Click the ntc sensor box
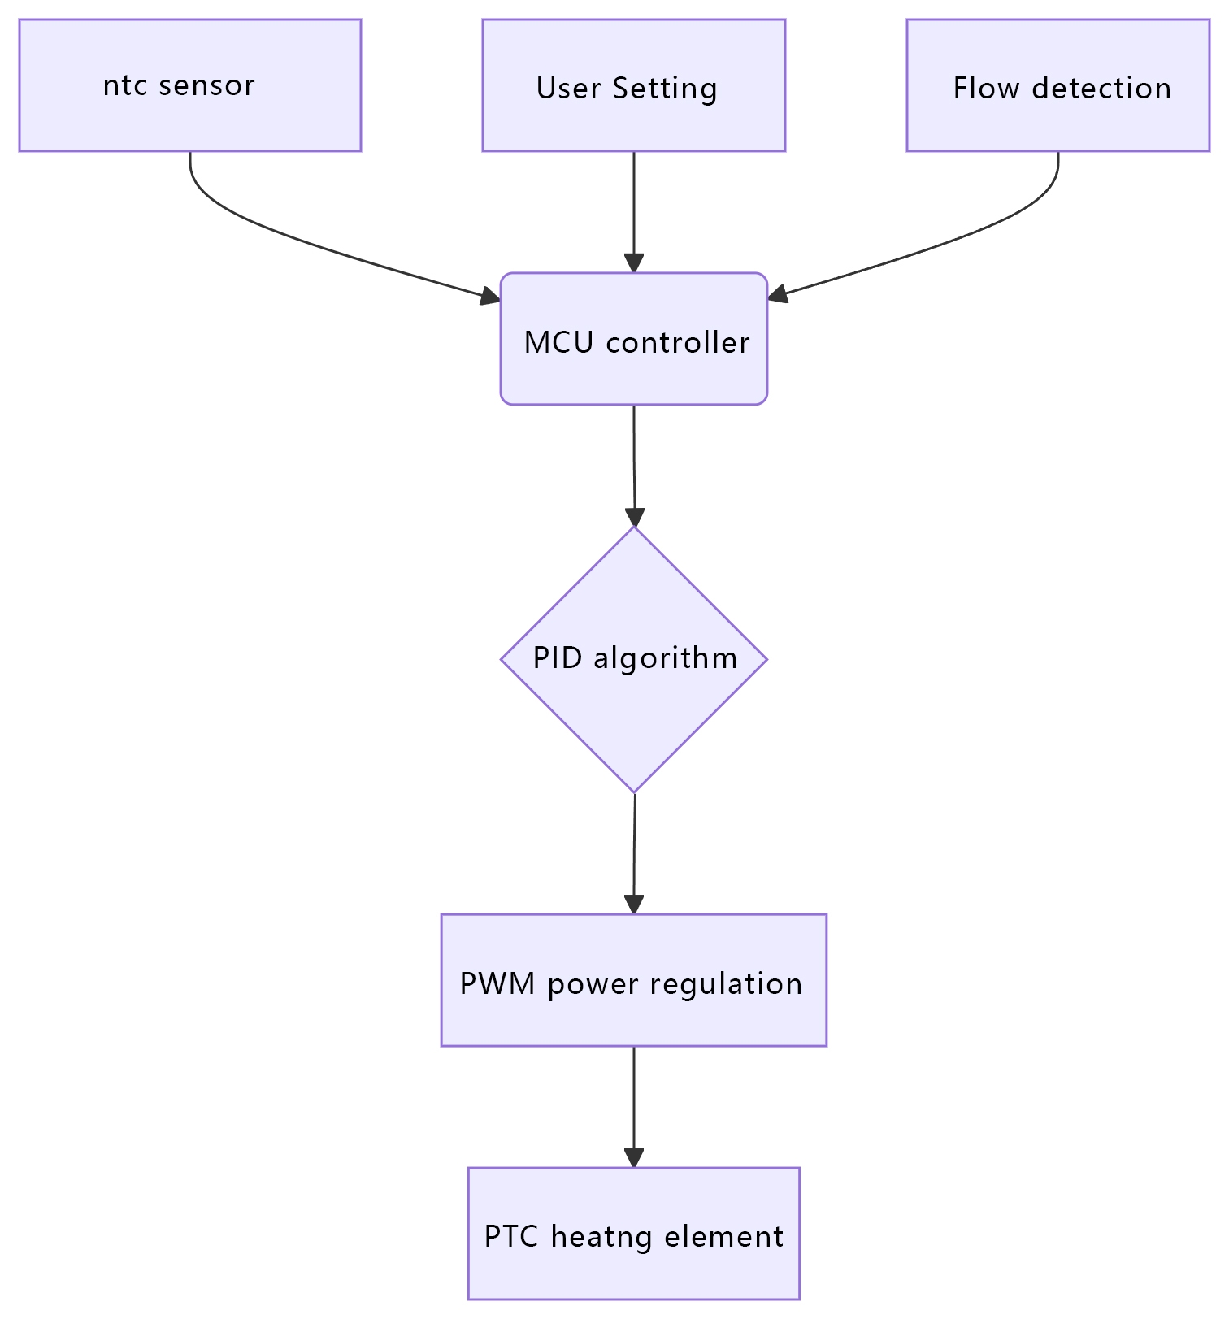click(189, 85)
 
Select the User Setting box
click(633, 85)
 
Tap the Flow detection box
click(1057, 85)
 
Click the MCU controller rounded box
click(633, 339)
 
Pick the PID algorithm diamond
click(633, 659)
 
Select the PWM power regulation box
click(633, 980)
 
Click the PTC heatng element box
click(633, 1233)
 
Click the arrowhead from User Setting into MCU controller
click(633, 263)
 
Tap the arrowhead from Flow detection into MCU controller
click(777, 296)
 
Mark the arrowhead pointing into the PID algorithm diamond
click(634, 517)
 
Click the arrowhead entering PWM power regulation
click(633, 905)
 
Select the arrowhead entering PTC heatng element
click(633, 1158)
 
